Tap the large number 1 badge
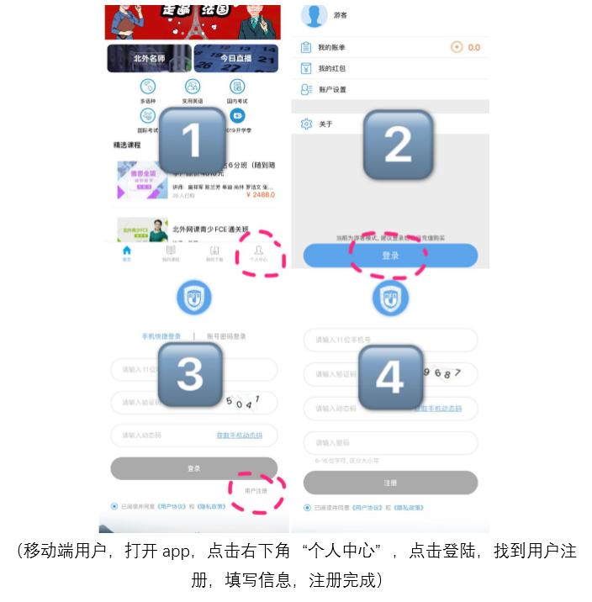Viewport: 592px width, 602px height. tap(192, 140)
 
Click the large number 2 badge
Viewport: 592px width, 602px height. tap(397, 145)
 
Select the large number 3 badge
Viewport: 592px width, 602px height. tap(190, 374)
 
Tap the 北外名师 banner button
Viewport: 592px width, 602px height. tap(149, 59)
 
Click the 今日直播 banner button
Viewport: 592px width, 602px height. tap(235, 59)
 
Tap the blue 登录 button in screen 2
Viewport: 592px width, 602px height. tap(390, 256)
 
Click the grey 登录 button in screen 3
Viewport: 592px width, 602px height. tap(193, 468)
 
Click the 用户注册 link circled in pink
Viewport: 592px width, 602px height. tap(256, 490)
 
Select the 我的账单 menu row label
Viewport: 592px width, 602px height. tap(331, 47)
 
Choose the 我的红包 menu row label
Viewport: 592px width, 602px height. tap(331, 68)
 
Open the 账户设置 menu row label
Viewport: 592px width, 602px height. tap(332, 89)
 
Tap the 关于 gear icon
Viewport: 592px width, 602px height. tap(306, 124)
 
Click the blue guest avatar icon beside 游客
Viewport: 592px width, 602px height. tap(314, 14)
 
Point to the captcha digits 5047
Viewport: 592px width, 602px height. tap(245, 401)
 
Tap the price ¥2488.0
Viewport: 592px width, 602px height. tap(260, 194)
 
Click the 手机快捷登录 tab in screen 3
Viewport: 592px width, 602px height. tap(161, 336)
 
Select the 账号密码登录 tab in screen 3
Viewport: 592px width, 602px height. tap(226, 336)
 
